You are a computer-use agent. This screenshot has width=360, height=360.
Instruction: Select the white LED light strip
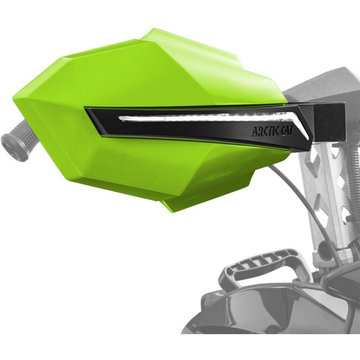211,118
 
